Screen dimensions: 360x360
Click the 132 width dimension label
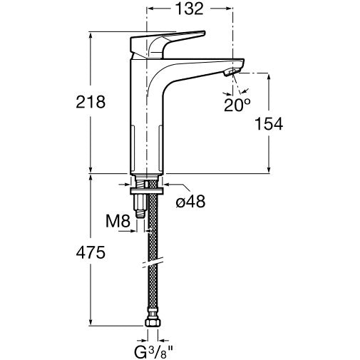[189, 9]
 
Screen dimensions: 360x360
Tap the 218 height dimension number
[91, 102]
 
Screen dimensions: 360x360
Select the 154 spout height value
[269, 123]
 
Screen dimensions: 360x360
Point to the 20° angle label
[237, 105]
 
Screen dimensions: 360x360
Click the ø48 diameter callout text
[190, 202]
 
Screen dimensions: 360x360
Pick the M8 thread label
[118, 221]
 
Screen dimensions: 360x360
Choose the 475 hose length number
[91, 252]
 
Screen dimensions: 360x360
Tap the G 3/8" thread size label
[153, 352]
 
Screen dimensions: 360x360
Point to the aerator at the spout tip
[232, 71]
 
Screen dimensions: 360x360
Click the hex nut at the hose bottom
[153, 322]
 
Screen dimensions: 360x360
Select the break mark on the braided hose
[153, 262]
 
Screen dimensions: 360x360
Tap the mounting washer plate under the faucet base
[147, 191]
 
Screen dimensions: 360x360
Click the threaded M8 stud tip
[140, 214]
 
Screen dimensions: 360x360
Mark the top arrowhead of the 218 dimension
[91, 35]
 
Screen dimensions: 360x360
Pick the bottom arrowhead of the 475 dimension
[91, 322]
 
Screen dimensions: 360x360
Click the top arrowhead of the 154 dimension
[269, 77]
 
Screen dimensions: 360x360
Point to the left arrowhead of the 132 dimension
[151, 9]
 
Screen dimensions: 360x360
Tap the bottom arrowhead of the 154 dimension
[269, 170]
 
